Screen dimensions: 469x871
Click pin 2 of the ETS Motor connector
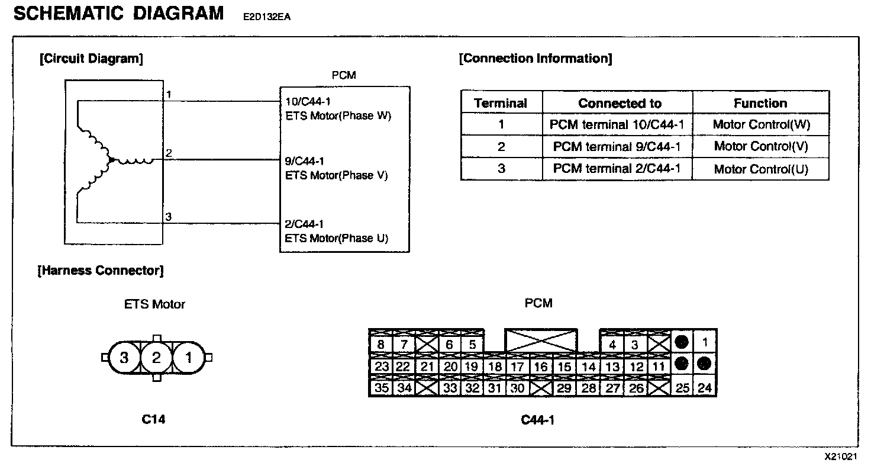click(x=156, y=358)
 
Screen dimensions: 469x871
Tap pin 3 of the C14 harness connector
click(x=124, y=358)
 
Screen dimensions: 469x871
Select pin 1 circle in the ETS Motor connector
click(x=188, y=358)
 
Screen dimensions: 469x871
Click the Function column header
click(x=760, y=103)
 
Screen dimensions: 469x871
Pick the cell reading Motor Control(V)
click(x=760, y=146)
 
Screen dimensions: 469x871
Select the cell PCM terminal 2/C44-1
click(x=617, y=169)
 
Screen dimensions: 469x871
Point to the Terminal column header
click(x=501, y=103)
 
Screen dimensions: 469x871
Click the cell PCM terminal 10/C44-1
click(x=617, y=125)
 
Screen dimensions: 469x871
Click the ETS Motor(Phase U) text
click(x=337, y=239)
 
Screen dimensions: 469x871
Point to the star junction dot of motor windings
click(x=110, y=160)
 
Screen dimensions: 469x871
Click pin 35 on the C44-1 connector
click(x=382, y=388)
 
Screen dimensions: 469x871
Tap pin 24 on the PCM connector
click(x=705, y=388)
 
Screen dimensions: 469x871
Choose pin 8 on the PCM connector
click(x=380, y=345)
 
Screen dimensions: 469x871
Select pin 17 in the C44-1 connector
click(x=517, y=367)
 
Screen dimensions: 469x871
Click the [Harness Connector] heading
click(x=101, y=271)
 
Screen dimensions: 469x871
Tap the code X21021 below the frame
click(x=841, y=457)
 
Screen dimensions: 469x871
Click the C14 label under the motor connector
click(x=154, y=419)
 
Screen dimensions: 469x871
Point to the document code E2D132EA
click(x=266, y=17)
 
